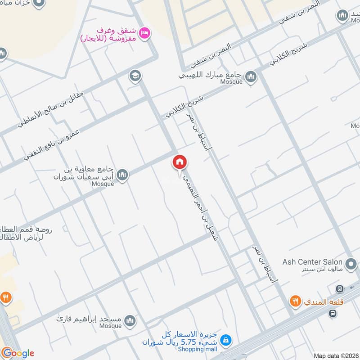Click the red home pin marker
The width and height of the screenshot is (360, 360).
pos(180,162)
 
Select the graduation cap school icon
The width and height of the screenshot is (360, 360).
pos(134,76)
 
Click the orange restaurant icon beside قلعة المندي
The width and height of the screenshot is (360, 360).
pos(295,301)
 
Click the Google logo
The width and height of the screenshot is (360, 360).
pos(18,353)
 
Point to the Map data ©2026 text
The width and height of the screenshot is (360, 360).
pos(335,355)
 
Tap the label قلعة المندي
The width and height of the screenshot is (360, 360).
pos(324,301)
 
